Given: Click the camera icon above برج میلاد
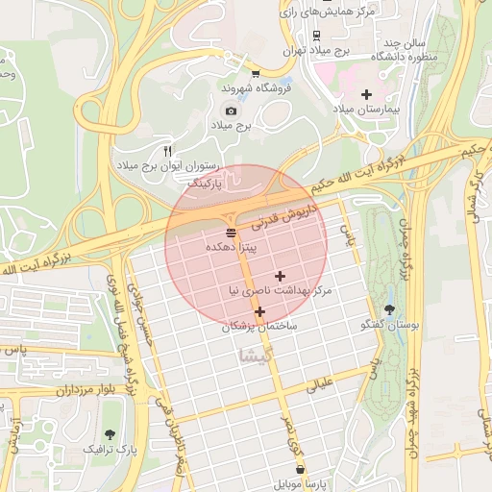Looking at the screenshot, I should pyautogui.click(x=230, y=111).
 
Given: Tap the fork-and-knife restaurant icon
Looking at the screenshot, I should pyautogui.click(x=167, y=151).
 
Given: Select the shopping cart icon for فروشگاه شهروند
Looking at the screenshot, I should pyautogui.click(x=255, y=73).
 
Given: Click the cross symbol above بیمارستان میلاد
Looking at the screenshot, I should pyautogui.click(x=365, y=94).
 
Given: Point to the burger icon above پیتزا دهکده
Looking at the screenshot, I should pyautogui.click(x=230, y=233).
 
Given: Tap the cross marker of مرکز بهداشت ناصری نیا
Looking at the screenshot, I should pyautogui.click(x=280, y=276).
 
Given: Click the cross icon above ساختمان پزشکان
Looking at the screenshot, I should pyautogui.click(x=259, y=311).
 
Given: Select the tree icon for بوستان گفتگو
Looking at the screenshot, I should pyautogui.click(x=389, y=309).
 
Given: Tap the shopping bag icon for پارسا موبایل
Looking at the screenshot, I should pyautogui.click(x=302, y=470).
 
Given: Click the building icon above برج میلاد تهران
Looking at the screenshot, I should pyautogui.click(x=290, y=35).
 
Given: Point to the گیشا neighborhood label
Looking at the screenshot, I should pyautogui.click(x=253, y=356).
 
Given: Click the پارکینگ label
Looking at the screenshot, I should pyautogui.click(x=204, y=181).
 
